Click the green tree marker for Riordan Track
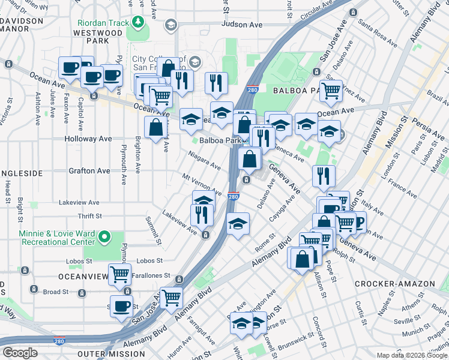pos(139,23)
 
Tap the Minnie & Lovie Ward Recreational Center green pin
pos(105,237)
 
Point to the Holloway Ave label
pos(89,139)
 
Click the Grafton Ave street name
pos(89,171)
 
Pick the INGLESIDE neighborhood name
pos(21,173)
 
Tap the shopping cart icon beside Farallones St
pos(120,274)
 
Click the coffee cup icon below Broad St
pos(122,305)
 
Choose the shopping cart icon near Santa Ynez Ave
pos(331,91)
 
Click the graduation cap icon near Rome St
pos(238,223)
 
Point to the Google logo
pos(20,353)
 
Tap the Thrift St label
pos(89,216)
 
